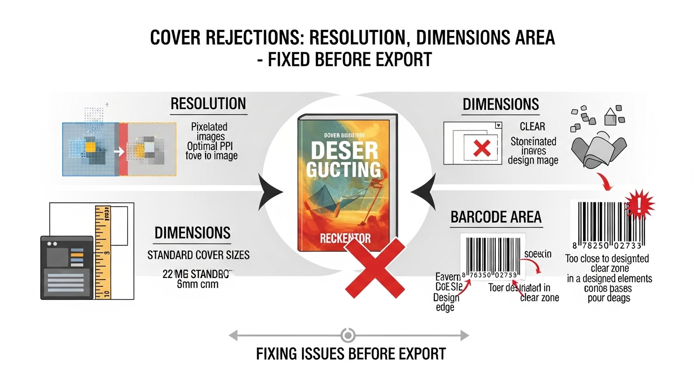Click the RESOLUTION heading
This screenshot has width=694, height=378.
[x=208, y=104]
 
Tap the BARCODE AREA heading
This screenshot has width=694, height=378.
[x=496, y=217]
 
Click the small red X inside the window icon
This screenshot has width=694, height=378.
[x=481, y=147]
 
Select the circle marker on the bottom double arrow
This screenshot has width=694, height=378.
[x=348, y=336]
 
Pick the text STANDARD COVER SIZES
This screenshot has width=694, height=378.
[x=199, y=255]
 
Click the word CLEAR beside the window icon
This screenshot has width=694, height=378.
[x=532, y=126]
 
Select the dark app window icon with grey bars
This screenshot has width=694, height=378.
[x=67, y=268]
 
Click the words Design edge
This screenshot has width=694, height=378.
[x=446, y=302]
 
